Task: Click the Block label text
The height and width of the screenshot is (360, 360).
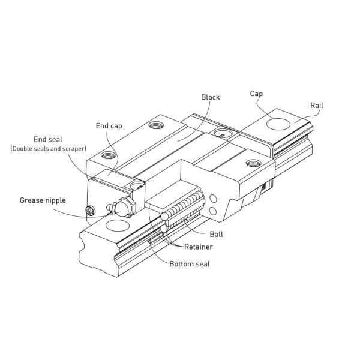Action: coord(211,97)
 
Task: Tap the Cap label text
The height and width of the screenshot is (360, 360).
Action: coord(256,94)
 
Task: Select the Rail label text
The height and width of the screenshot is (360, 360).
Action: coord(317,105)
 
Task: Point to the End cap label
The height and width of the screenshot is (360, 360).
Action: coord(109,126)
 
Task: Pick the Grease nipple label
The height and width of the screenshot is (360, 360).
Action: coord(43,200)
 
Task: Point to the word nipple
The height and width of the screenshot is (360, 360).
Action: coord(55,200)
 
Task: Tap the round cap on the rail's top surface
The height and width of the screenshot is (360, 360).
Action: coord(280,125)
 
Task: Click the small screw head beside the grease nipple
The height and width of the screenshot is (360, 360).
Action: coord(91,211)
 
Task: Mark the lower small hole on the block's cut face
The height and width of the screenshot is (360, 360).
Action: coord(214,210)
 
